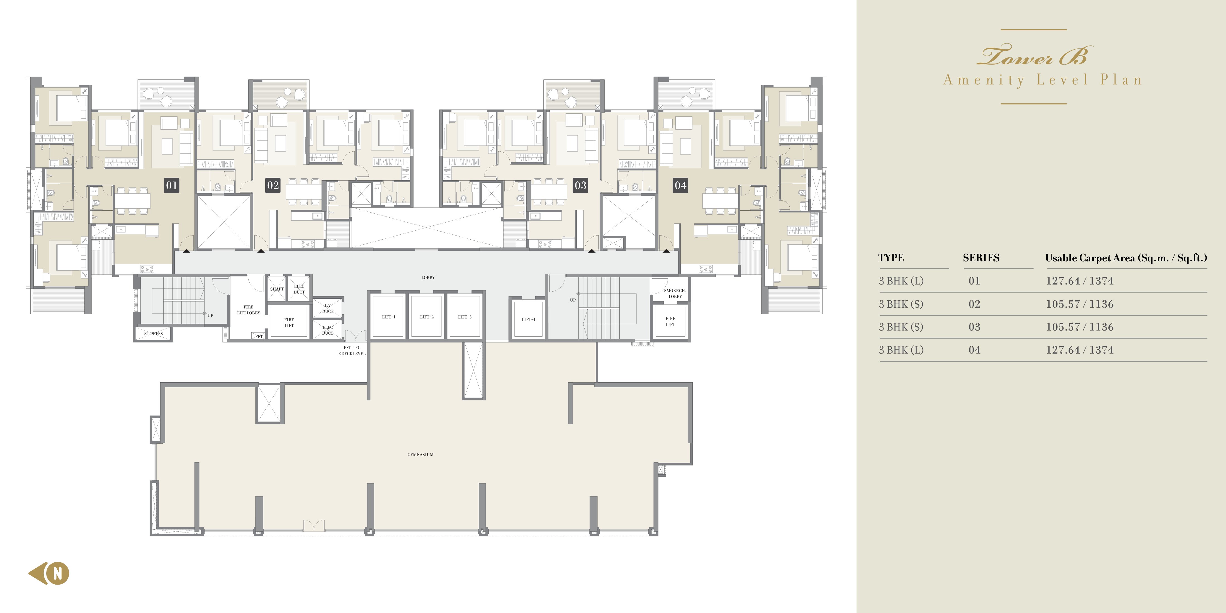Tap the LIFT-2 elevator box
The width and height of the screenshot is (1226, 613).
tap(426, 317)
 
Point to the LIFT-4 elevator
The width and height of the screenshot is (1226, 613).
tap(528, 319)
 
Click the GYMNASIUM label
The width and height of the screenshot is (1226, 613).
tap(420, 454)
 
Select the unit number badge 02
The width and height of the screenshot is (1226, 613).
tap(273, 185)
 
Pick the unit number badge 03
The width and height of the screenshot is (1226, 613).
tap(580, 185)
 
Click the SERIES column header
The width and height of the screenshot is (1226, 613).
tap(981, 258)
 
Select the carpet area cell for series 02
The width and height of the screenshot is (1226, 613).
tap(1079, 304)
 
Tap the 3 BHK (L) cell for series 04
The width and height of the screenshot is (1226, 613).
tap(901, 350)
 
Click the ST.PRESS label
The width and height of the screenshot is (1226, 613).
tap(153, 334)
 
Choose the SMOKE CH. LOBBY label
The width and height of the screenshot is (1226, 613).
tap(675, 293)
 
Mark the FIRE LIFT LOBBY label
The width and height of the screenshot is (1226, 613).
tap(249, 310)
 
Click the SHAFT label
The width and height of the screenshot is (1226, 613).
tap(276, 289)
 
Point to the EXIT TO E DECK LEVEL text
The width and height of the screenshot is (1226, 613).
tap(352, 350)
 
